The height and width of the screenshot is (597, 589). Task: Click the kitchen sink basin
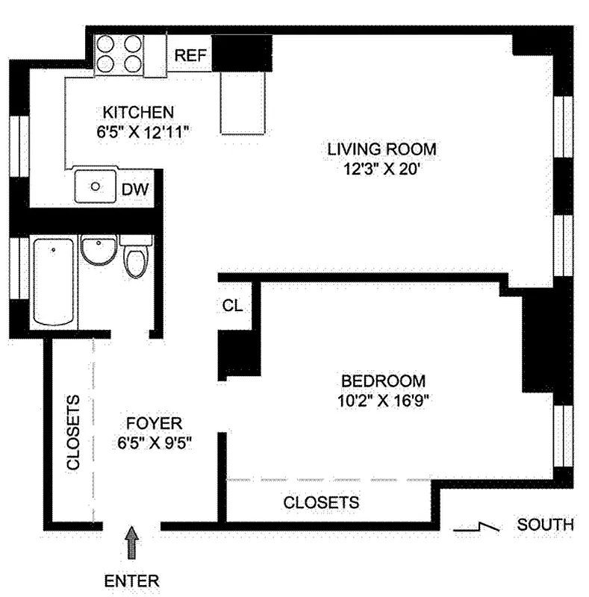coord(96,187)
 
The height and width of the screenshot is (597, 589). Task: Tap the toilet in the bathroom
coord(136,260)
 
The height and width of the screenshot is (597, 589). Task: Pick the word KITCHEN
coord(138,113)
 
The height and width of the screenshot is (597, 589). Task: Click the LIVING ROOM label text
coord(381,149)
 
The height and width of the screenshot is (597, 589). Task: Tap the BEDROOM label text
coord(381,380)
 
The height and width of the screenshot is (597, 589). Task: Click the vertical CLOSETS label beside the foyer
coord(73,433)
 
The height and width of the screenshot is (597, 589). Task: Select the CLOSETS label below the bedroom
coord(321,502)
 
